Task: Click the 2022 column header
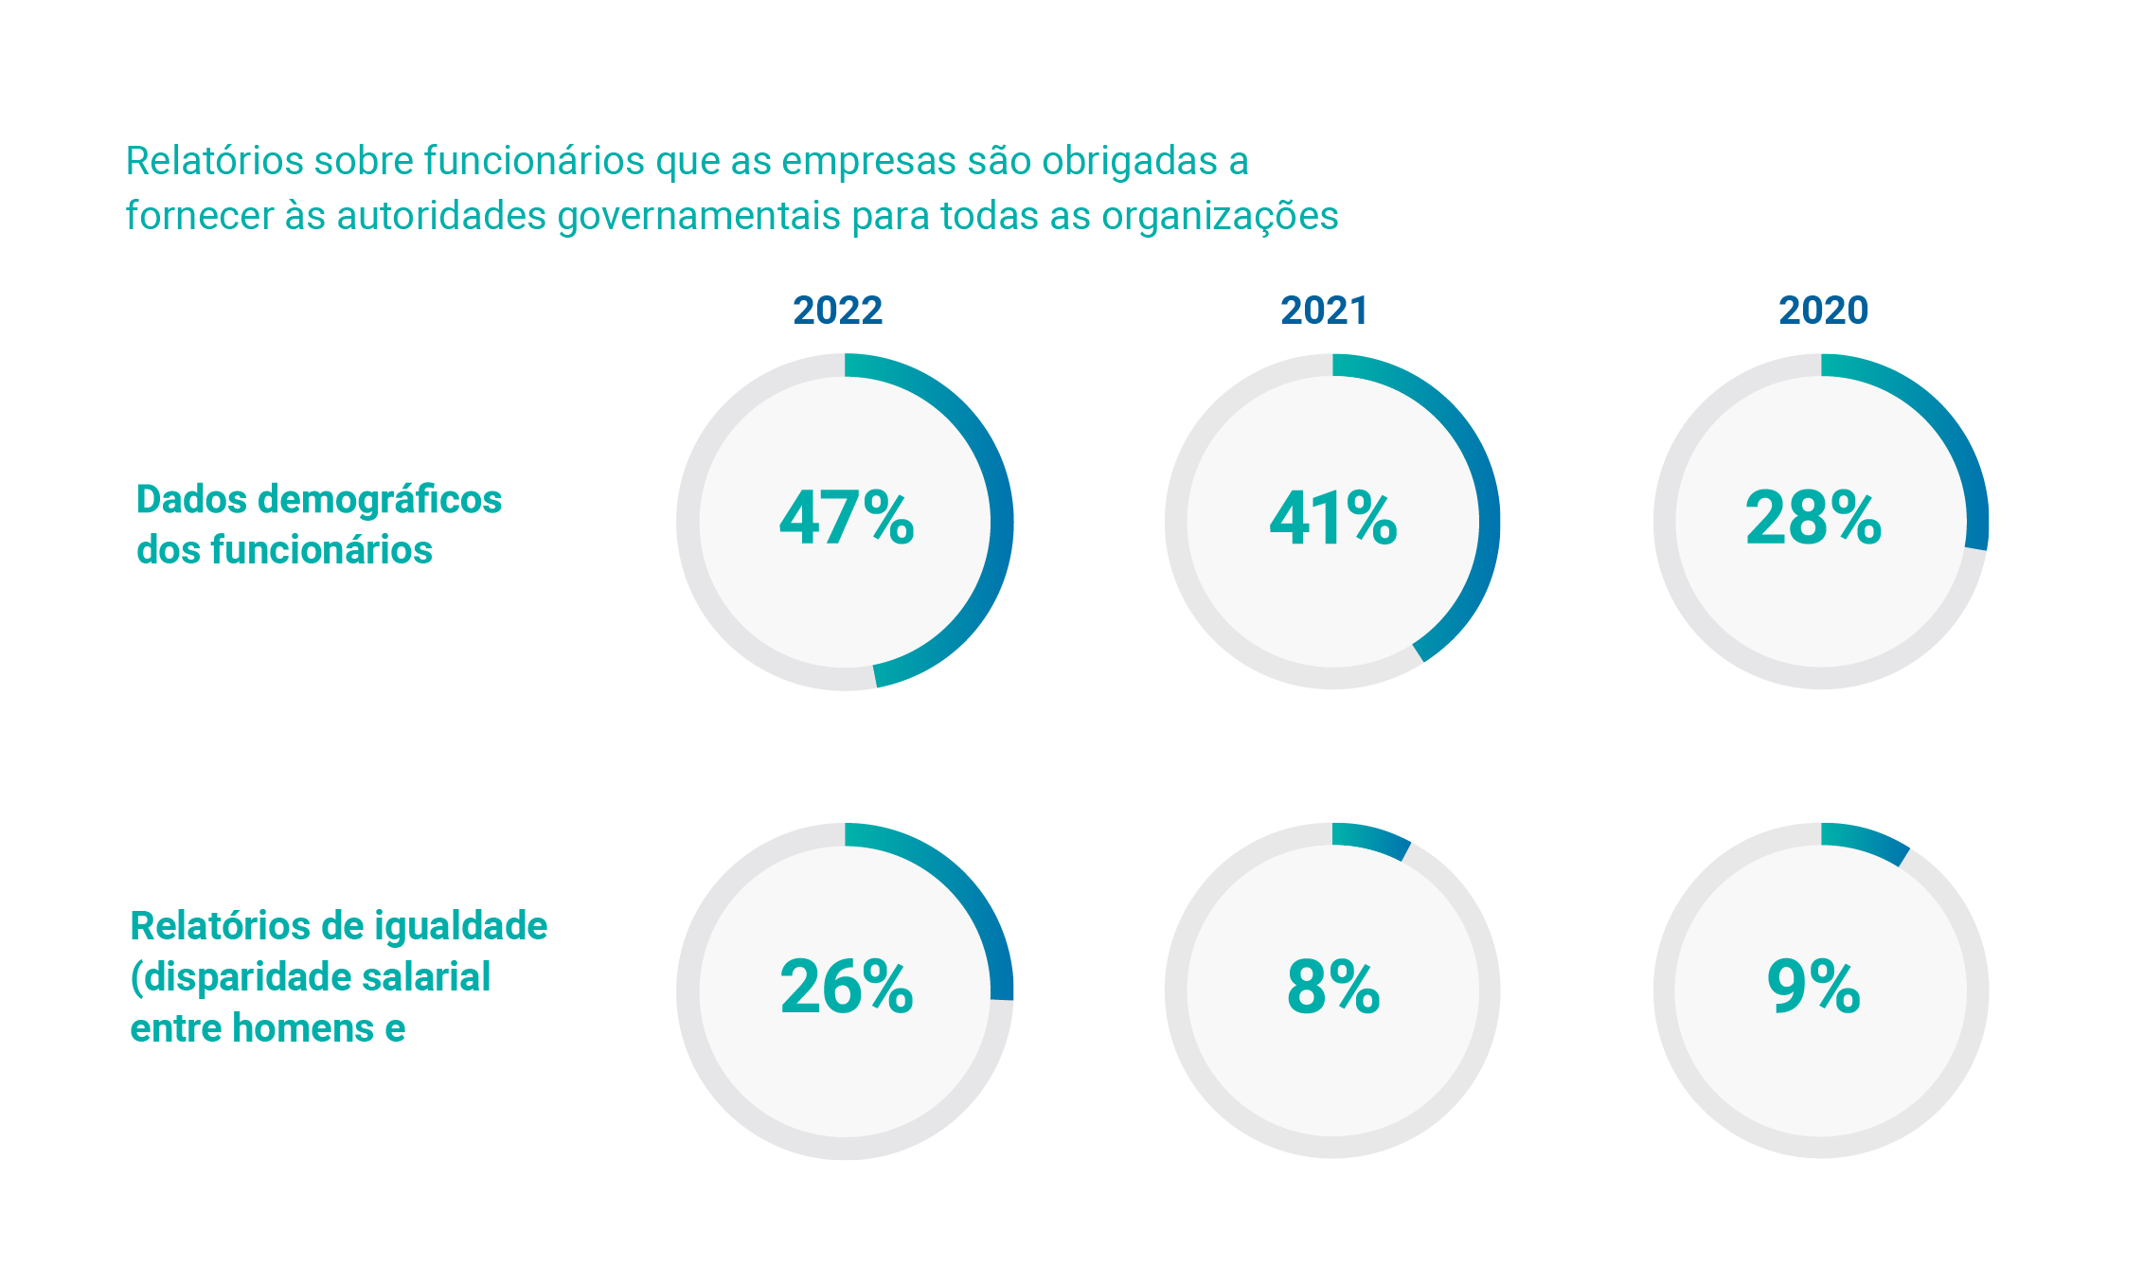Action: (837, 311)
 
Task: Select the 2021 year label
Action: (1324, 311)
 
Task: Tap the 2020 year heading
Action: (1823, 311)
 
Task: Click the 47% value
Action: (847, 518)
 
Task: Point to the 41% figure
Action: (1333, 518)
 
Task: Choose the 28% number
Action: (1813, 518)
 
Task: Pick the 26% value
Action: (847, 987)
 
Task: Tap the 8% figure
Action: (1333, 987)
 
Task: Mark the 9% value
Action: (1813, 987)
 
